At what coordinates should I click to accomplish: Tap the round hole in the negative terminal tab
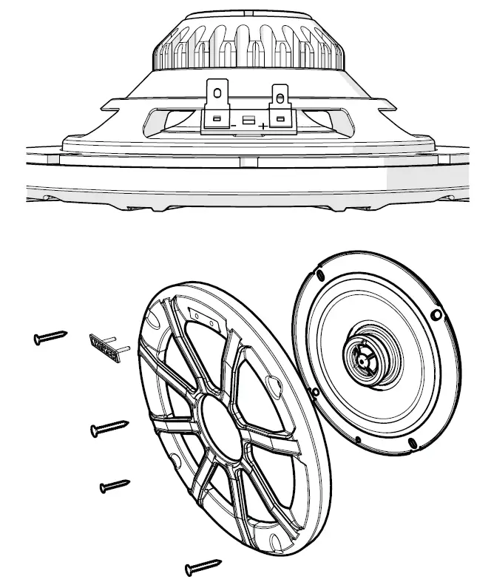[x=217, y=93]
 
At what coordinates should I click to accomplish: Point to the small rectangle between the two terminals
[x=248, y=120]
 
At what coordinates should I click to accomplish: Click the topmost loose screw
[x=50, y=338]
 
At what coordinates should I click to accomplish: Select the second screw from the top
[x=109, y=428]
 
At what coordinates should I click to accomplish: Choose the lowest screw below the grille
[x=203, y=567]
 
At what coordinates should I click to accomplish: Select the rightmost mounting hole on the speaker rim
[x=436, y=316]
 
